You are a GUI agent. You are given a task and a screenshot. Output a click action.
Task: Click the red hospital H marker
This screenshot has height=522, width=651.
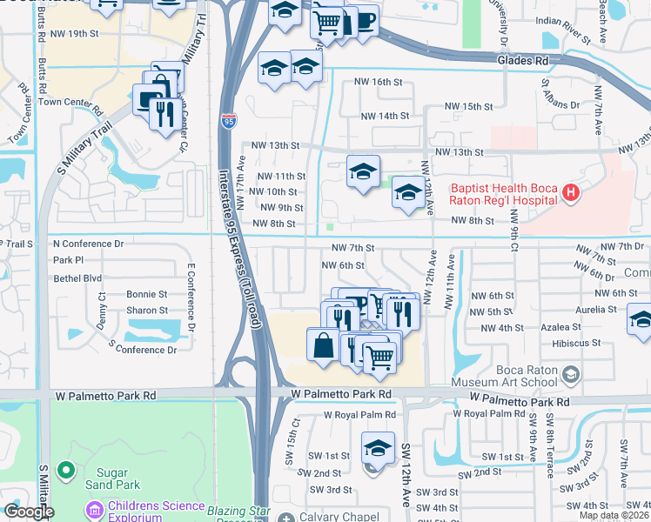pos(570,192)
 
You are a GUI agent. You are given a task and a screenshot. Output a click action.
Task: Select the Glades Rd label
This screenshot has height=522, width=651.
pos(523,61)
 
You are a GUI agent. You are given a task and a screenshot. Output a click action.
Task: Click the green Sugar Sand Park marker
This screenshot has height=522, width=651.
pos(65,472)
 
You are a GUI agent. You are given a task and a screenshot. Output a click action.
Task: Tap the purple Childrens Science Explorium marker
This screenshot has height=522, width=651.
pos(93,507)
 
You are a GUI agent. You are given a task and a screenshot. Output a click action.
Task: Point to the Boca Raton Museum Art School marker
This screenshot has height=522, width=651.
pos(571,375)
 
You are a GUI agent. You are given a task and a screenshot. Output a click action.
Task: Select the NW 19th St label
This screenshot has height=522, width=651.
pos(84,34)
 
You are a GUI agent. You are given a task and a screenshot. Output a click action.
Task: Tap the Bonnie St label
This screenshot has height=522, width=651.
pos(147,295)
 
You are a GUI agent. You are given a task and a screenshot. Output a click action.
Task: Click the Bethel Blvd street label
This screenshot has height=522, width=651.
pos(77,278)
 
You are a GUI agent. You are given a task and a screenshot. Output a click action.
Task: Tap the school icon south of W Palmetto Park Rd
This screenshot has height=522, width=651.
pos(377,449)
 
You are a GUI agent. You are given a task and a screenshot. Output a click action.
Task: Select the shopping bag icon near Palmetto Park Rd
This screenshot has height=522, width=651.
pos(323,344)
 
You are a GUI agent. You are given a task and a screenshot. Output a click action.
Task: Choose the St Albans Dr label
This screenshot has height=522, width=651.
pos(560,97)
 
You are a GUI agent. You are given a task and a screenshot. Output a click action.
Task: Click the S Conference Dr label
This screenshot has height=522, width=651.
pos(143,348)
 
